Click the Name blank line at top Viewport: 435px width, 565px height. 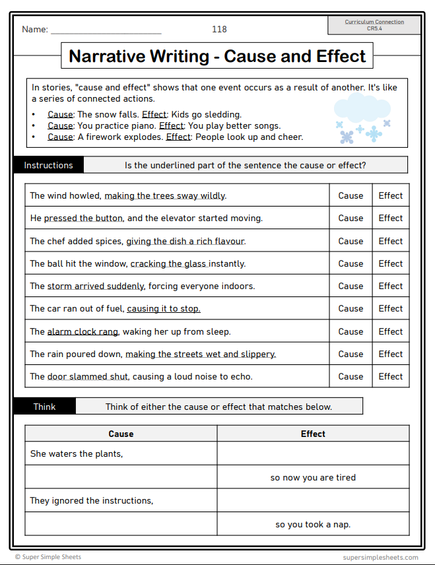tap(106, 30)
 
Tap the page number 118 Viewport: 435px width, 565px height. tap(219, 29)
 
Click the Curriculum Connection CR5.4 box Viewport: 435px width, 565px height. tap(375, 25)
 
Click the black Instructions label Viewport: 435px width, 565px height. tap(48, 165)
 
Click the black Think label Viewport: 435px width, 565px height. tap(44, 407)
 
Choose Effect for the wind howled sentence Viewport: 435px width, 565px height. tap(390, 195)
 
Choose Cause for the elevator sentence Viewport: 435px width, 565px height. tap(351, 218)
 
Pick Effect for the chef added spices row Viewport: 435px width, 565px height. tap(390, 241)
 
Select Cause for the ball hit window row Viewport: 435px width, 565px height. tap(351, 263)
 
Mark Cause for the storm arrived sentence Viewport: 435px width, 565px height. tap(351, 286)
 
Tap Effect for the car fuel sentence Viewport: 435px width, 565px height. tap(390, 308)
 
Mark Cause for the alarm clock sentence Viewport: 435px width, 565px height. tap(351, 331)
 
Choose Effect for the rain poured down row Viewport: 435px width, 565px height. tap(390, 354)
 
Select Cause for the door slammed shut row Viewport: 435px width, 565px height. tap(351, 376)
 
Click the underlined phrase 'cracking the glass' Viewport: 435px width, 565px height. tap(168, 263)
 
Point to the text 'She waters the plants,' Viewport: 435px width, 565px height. tap(77, 453)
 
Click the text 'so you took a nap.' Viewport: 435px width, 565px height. tap(313, 524)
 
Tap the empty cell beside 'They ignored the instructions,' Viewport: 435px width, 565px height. tap(313, 500)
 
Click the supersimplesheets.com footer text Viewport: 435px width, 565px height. tap(380, 557)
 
